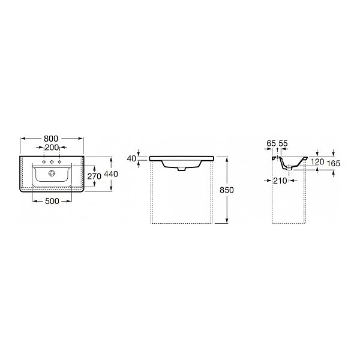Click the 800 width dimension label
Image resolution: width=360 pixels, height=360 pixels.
point(51,139)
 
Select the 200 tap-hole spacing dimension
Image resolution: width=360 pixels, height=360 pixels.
point(52,148)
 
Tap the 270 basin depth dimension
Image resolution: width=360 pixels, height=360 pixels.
point(94,176)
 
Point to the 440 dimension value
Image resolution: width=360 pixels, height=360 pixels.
point(111,174)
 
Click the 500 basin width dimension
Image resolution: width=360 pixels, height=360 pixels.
point(52,201)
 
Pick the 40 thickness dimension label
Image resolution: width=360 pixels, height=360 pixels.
point(131,158)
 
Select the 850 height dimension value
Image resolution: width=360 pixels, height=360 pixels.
point(227,190)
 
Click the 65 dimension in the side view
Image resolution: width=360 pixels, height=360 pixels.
point(271,143)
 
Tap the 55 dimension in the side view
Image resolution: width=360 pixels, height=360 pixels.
point(283,143)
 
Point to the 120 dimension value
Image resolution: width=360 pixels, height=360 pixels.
point(317,161)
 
